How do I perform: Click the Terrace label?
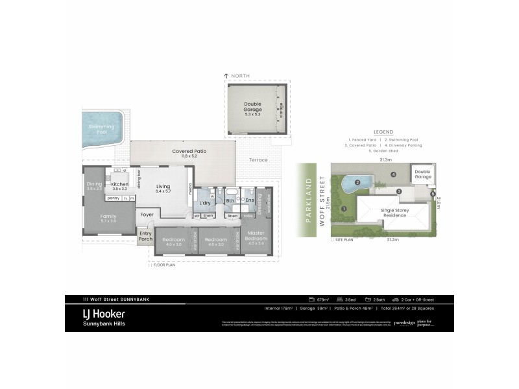pyautogui.click(x=258, y=160)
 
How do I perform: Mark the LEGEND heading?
pyautogui.click(x=383, y=132)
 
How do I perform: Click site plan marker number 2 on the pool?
pyautogui.click(x=358, y=183)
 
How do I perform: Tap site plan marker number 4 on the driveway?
pyautogui.click(x=393, y=174)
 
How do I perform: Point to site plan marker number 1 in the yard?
pyautogui.click(x=344, y=208)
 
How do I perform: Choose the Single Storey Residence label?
pyautogui.click(x=394, y=212)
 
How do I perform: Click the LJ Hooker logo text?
pyautogui.click(x=104, y=314)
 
